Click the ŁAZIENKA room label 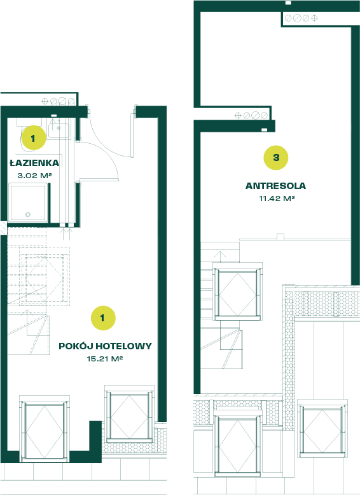click(34, 163)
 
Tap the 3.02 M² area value click(34, 176)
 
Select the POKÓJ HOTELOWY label click(105, 346)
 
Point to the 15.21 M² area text click(105, 359)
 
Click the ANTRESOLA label click(276, 186)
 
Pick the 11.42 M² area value click(277, 199)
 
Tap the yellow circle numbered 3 click(276, 158)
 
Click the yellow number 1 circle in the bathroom click(34, 138)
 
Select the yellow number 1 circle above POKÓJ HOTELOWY click(103, 318)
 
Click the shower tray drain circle click(28, 214)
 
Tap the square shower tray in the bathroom click(29, 202)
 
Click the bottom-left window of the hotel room click(44, 429)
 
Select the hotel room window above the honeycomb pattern click(129, 413)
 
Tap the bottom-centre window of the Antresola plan click(237, 443)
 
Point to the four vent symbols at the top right click(301, 18)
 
